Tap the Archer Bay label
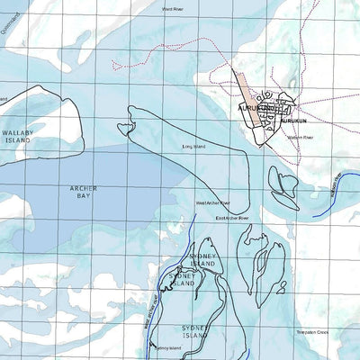coord(83,192)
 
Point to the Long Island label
coord(193,145)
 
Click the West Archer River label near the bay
coord(213,203)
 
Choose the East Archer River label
coord(231,218)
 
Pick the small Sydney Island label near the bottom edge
coord(167,347)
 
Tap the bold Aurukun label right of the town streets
coord(293,120)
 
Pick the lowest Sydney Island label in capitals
coord(196,330)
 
